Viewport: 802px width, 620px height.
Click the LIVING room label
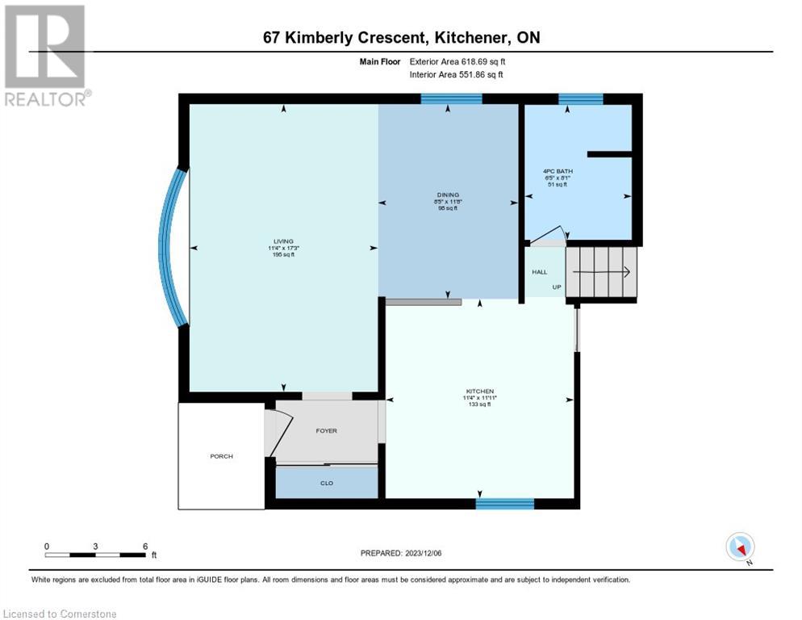click(x=282, y=241)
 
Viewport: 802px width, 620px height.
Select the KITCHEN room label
click(x=479, y=391)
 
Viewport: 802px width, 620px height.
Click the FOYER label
click(x=326, y=430)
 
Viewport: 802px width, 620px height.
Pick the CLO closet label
click(x=327, y=483)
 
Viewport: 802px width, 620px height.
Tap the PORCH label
click(x=221, y=456)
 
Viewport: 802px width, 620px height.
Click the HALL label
click(x=539, y=272)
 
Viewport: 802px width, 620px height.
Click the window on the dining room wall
click(x=451, y=99)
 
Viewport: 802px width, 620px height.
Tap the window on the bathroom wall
click(x=580, y=99)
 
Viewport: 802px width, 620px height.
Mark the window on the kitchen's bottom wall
click(x=504, y=504)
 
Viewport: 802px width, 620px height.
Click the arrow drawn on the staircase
click(x=601, y=273)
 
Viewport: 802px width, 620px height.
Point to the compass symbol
click(x=740, y=547)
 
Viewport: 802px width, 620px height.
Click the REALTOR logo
click(x=45, y=56)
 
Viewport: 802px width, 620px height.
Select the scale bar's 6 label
click(x=145, y=547)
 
